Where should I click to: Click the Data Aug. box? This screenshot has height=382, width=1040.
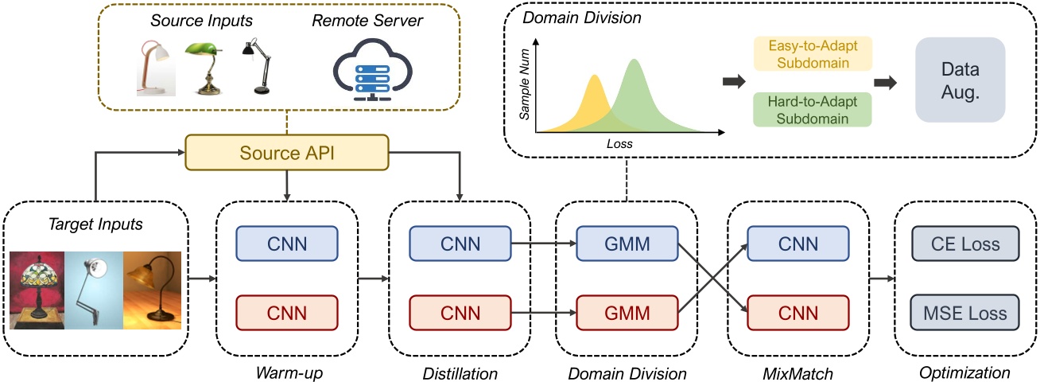(x=960, y=82)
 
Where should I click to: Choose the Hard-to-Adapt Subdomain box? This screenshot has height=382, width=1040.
(x=811, y=109)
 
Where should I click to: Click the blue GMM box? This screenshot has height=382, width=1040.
(x=626, y=243)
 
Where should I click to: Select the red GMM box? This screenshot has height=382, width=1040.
(x=626, y=311)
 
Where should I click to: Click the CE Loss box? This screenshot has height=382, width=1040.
(x=965, y=244)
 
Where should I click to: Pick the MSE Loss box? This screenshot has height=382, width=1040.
(x=965, y=312)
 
